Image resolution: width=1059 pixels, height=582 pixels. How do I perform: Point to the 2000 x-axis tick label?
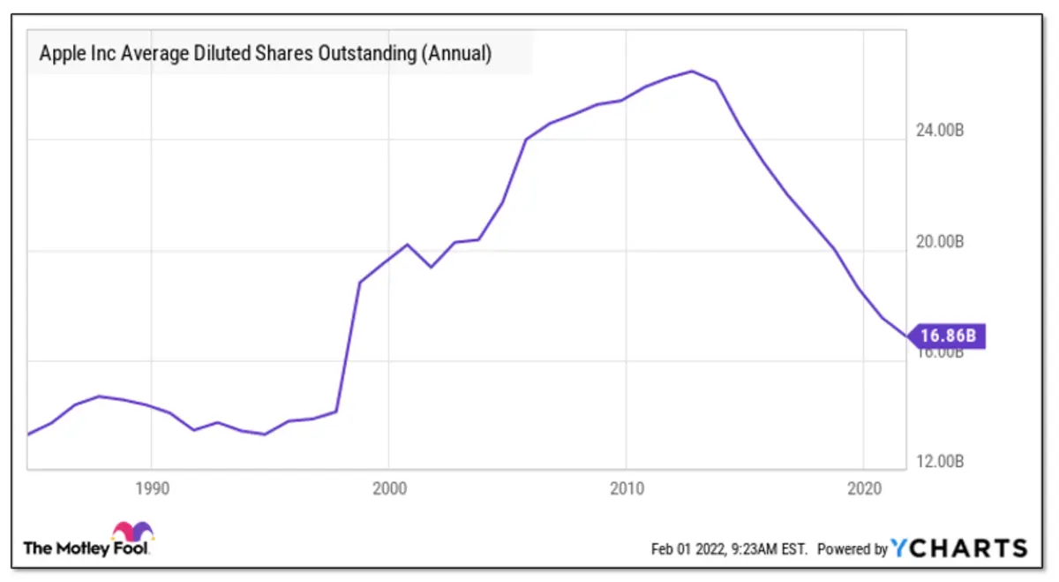388,488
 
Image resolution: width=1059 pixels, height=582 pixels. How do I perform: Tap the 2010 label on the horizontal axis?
626,488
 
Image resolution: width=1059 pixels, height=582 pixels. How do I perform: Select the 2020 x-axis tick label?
863,488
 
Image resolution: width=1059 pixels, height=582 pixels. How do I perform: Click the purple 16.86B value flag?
948,336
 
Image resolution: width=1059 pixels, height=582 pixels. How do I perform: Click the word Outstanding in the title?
370,54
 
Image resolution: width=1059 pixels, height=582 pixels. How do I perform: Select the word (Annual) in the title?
455,54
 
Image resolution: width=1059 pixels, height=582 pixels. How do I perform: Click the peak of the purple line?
692,71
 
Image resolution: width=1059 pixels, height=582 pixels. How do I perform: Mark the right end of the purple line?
906,336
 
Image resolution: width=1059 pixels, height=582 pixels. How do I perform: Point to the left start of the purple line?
28,434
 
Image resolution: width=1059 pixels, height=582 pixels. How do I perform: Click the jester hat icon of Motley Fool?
132,532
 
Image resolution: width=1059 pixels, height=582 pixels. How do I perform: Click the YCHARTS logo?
959,548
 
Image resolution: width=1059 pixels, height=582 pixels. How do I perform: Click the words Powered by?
852,549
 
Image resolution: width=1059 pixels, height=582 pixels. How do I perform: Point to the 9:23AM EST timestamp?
767,549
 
